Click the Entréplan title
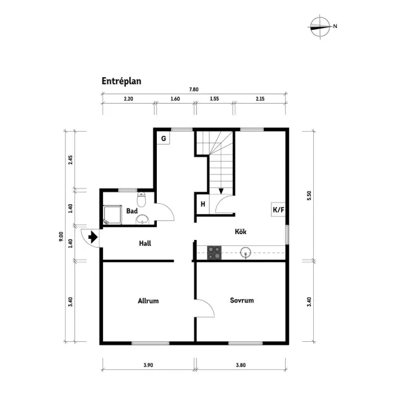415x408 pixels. (x=122, y=81)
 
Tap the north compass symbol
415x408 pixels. (x=320, y=26)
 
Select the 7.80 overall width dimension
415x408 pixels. (x=194, y=90)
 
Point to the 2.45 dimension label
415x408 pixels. (x=70, y=159)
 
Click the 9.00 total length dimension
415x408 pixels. (x=61, y=236)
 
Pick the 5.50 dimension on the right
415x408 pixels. (x=308, y=196)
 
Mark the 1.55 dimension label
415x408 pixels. (x=214, y=100)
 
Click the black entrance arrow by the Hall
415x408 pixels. (x=92, y=237)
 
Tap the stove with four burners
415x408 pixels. (x=214, y=253)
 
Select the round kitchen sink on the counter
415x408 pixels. (x=246, y=253)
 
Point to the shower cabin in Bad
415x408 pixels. (x=112, y=215)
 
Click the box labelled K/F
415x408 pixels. (x=277, y=209)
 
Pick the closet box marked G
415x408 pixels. (x=164, y=139)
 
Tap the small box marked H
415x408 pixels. (x=203, y=204)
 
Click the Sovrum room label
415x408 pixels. (x=242, y=300)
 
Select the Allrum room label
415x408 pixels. (x=148, y=301)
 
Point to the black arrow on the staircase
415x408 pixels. (x=221, y=190)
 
